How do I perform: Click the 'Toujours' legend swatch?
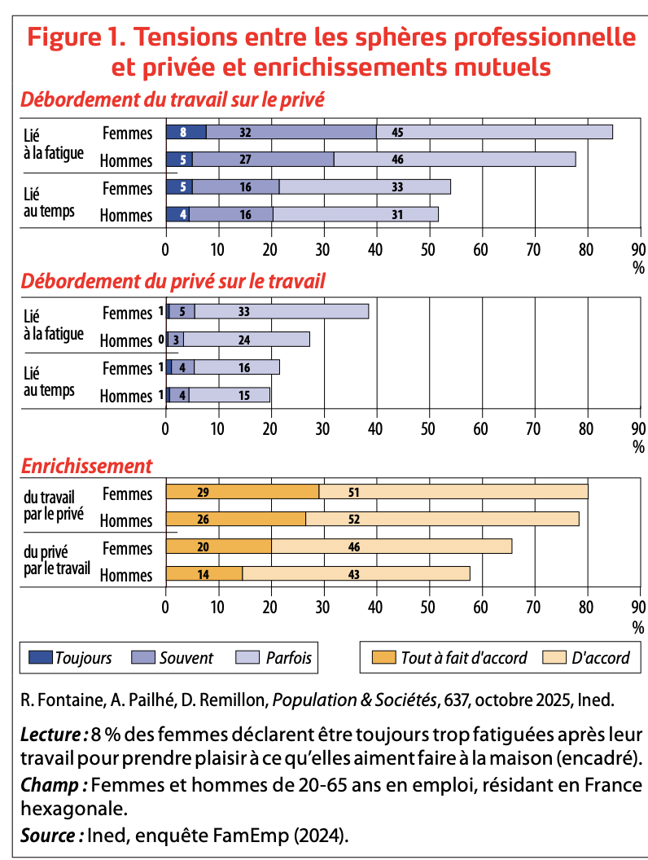pyautogui.click(x=40, y=657)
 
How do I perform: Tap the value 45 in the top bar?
pyautogui.click(x=397, y=132)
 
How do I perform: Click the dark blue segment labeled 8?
pyautogui.click(x=186, y=132)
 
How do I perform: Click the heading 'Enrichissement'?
pyautogui.click(x=86, y=466)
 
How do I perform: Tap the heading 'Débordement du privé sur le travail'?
pyautogui.click(x=173, y=281)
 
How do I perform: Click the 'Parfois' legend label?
pyautogui.click(x=288, y=657)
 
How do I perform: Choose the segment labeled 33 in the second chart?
pyautogui.click(x=281, y=311)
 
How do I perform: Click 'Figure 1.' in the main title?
pyautogui.click(x=74, y=37)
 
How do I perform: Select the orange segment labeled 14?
pyautogui.click(x=204, y=574)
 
